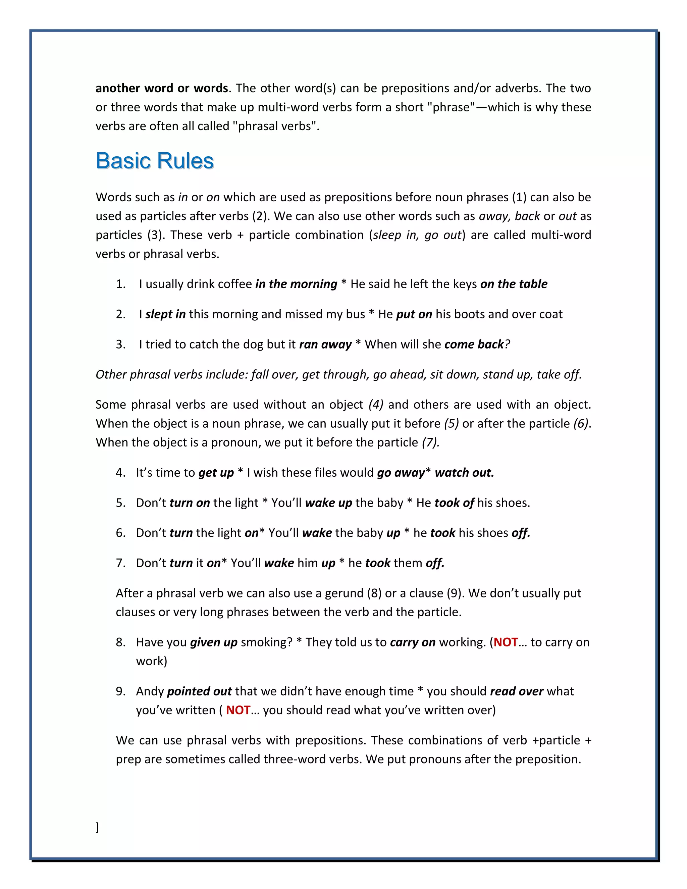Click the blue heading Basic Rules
(x=155, y=161)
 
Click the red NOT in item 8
(x=505, y=642)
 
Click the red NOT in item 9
(x=238, y=710)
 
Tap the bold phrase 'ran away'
(x=325, y=345)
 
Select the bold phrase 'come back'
(x=474, y=345)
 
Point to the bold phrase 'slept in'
(x=165, y=314)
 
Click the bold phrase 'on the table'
(x=514, y=284)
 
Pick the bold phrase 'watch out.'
(x=464, y=473)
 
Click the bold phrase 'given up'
(x=214, y=642)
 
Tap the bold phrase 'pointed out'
(x=200, y=691)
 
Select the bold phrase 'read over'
(x=517, y=691)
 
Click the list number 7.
(x=120, y=563)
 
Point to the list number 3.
(x=120, y=345)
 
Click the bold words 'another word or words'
(x=162, y=88)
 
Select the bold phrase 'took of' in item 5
(x=454, y=503)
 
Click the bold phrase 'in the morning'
(x=296, y=284)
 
